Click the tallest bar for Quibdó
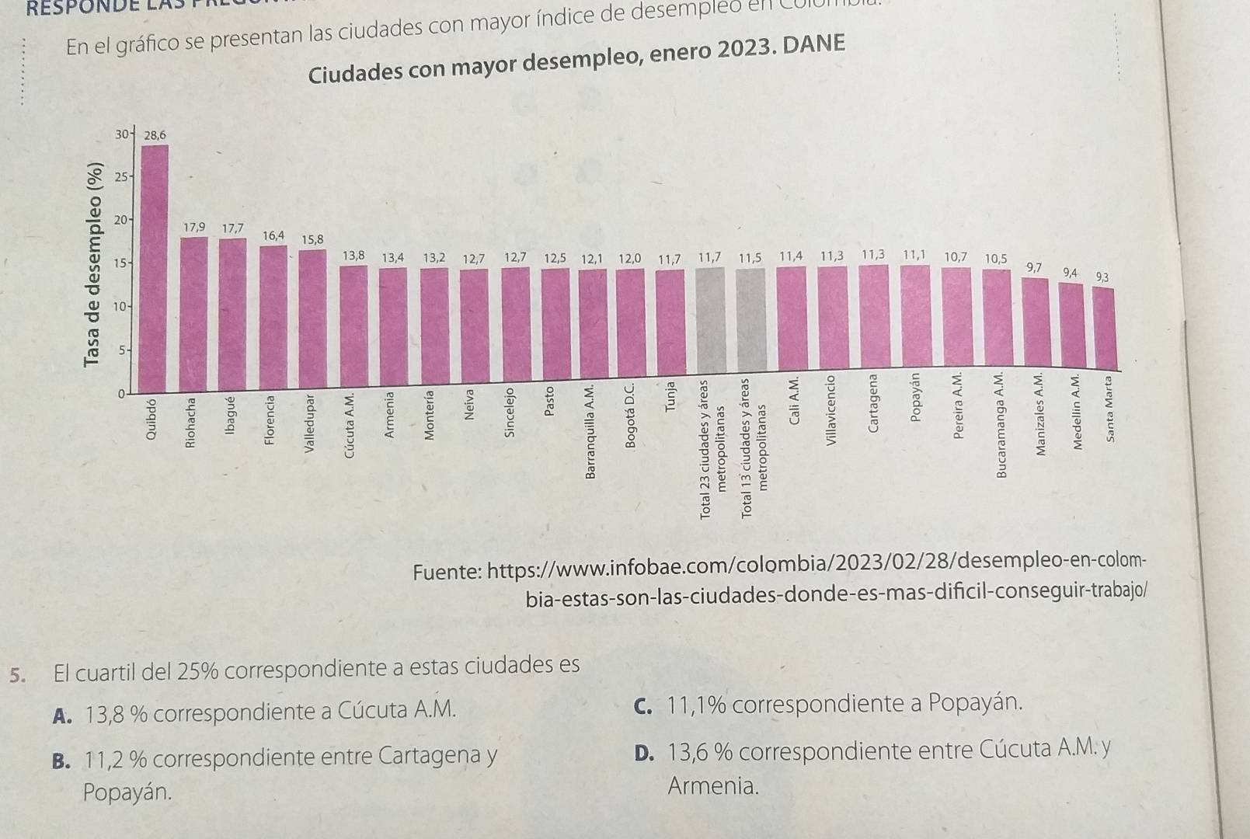coord(155,264)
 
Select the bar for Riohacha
coord(193,311)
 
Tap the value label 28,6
coord(155,135)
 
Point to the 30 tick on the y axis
coord(122,134)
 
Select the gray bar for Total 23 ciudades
coord(710,319)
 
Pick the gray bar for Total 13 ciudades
coord(750,319)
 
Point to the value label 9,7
coord(1034,267)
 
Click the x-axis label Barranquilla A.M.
coord(592,431)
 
